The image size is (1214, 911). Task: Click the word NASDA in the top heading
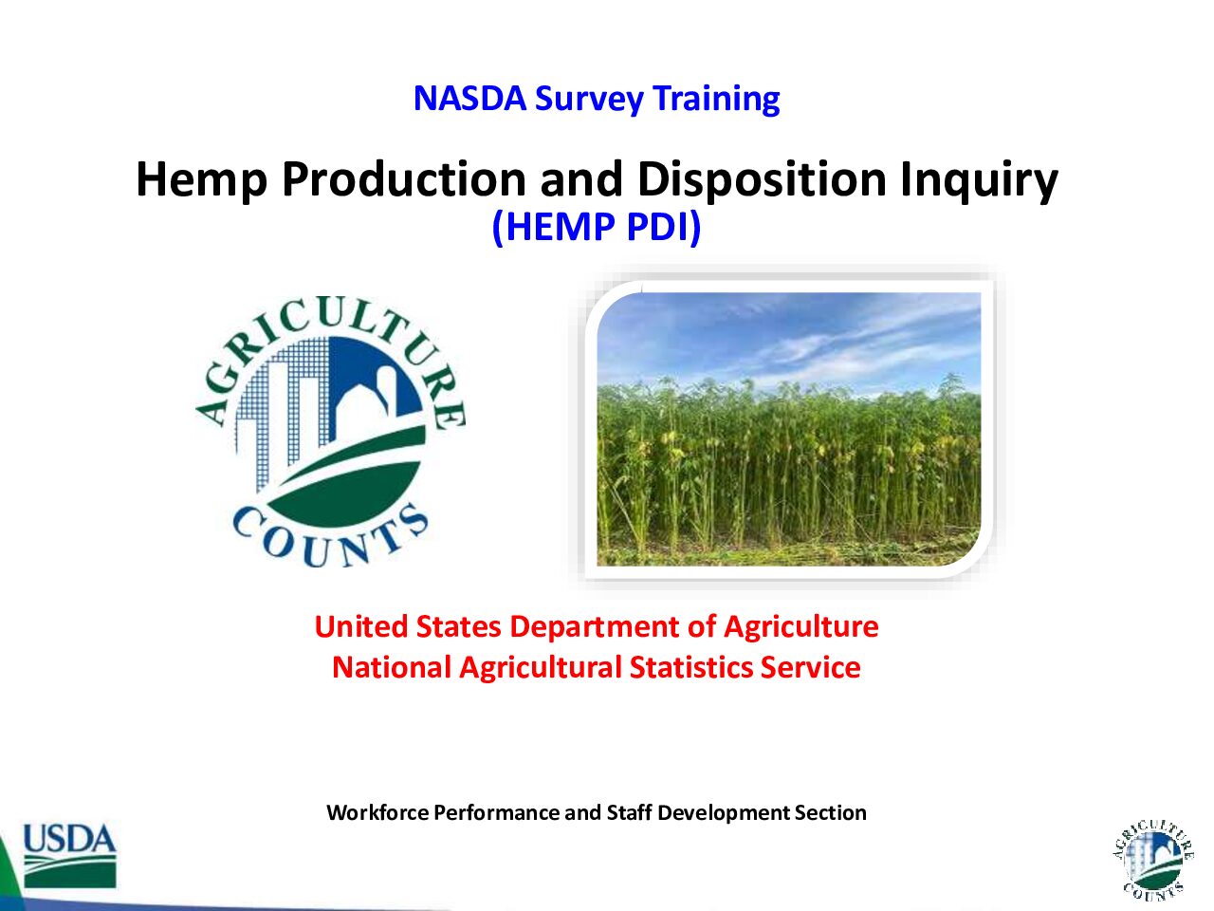pos(469,99)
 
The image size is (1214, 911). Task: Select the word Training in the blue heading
pos(716,100)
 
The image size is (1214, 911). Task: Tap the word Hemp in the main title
pos(202,179)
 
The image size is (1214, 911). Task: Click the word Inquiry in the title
pos(979,179)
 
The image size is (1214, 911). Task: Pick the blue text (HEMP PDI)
pos(597,228)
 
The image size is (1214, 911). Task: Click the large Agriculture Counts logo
pos(331,431)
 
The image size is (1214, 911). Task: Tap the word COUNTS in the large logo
pos(330,536)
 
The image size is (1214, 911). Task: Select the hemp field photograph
pos(789,429)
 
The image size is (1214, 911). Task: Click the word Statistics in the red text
pos(691,667)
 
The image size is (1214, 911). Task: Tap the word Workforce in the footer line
pos(377,812)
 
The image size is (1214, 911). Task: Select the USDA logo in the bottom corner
pos(69,856)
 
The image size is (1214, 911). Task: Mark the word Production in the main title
pos(404,179)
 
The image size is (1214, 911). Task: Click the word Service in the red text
pos(810,667)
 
